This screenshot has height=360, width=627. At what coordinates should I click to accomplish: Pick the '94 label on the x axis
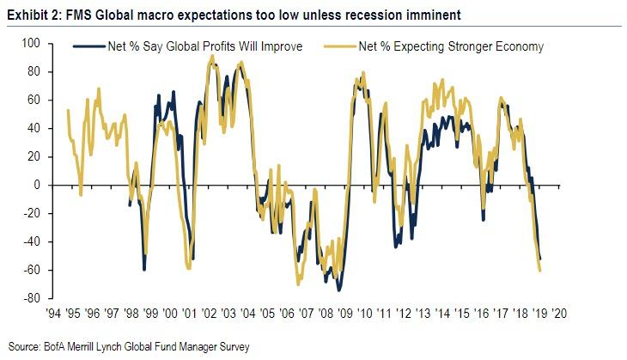60,313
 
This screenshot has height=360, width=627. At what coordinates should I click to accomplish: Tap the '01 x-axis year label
192,313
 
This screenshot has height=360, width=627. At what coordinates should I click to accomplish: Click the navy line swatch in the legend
85,46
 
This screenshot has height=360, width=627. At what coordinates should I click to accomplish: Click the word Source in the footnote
23,345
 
